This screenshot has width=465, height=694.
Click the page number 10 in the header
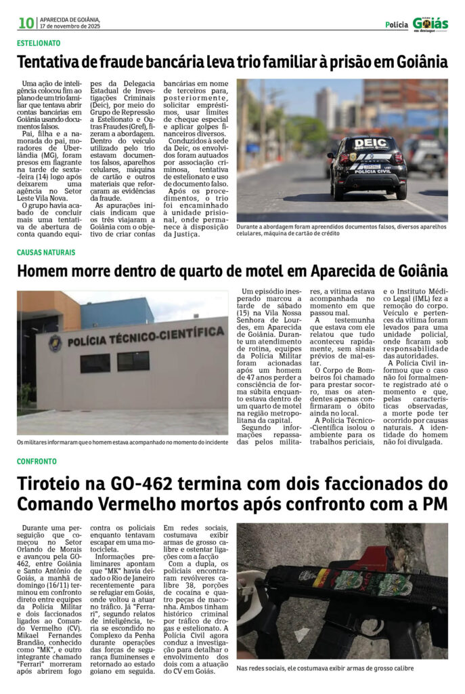pos(26,23)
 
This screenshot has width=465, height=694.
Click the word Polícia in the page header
pos(397,25)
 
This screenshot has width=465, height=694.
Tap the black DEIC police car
pos(368,165)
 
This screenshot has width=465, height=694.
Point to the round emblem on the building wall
pos(55,343)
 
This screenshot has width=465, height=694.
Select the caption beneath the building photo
pos(122,442)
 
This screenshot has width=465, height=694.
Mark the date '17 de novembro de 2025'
pos(70,26)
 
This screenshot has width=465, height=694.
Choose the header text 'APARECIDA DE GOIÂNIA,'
pos(70,20)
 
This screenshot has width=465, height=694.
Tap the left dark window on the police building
pos(94,363)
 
